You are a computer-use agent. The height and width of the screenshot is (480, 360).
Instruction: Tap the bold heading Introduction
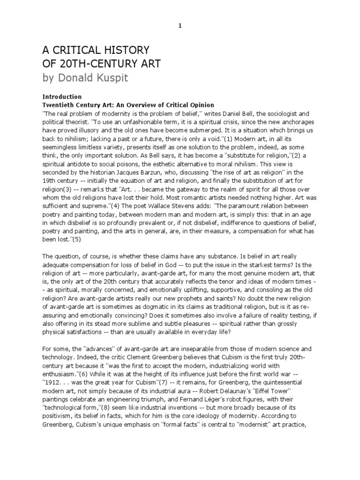[62, 97]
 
